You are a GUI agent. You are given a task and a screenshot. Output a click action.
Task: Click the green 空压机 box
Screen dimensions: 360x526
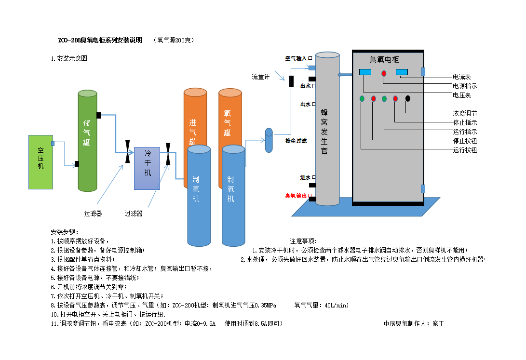[40, 162]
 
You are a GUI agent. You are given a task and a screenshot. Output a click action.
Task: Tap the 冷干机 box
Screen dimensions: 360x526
[148, 168]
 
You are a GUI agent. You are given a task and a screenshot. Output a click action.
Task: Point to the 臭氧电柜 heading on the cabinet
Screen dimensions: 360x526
[384, 59]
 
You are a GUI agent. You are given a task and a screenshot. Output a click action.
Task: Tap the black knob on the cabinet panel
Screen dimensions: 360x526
[408, 99]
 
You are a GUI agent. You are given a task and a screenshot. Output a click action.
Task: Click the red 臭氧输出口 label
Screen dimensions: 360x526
[299, 196]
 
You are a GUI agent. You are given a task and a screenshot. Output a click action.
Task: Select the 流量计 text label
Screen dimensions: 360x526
[261, 77]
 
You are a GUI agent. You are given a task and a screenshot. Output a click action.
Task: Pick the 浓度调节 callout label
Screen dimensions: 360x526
[465, 113]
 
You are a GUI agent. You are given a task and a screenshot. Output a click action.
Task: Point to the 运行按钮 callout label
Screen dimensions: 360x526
[465, 150]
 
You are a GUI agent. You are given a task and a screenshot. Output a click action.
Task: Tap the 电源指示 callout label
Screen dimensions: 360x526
[465, 86]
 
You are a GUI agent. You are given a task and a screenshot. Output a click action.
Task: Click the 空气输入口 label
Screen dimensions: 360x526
[299, 58]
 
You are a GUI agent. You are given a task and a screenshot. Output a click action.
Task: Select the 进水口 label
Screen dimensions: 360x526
[308, 177]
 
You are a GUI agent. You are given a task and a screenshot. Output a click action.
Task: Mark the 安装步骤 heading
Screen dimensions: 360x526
[64, 232]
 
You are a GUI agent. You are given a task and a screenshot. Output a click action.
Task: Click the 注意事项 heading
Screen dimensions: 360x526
[303, 241]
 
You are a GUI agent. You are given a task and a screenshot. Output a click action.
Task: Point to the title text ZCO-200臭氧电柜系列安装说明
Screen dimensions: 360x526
[100, 40]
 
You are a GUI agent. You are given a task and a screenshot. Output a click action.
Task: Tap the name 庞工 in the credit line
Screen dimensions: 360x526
[438, 323]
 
